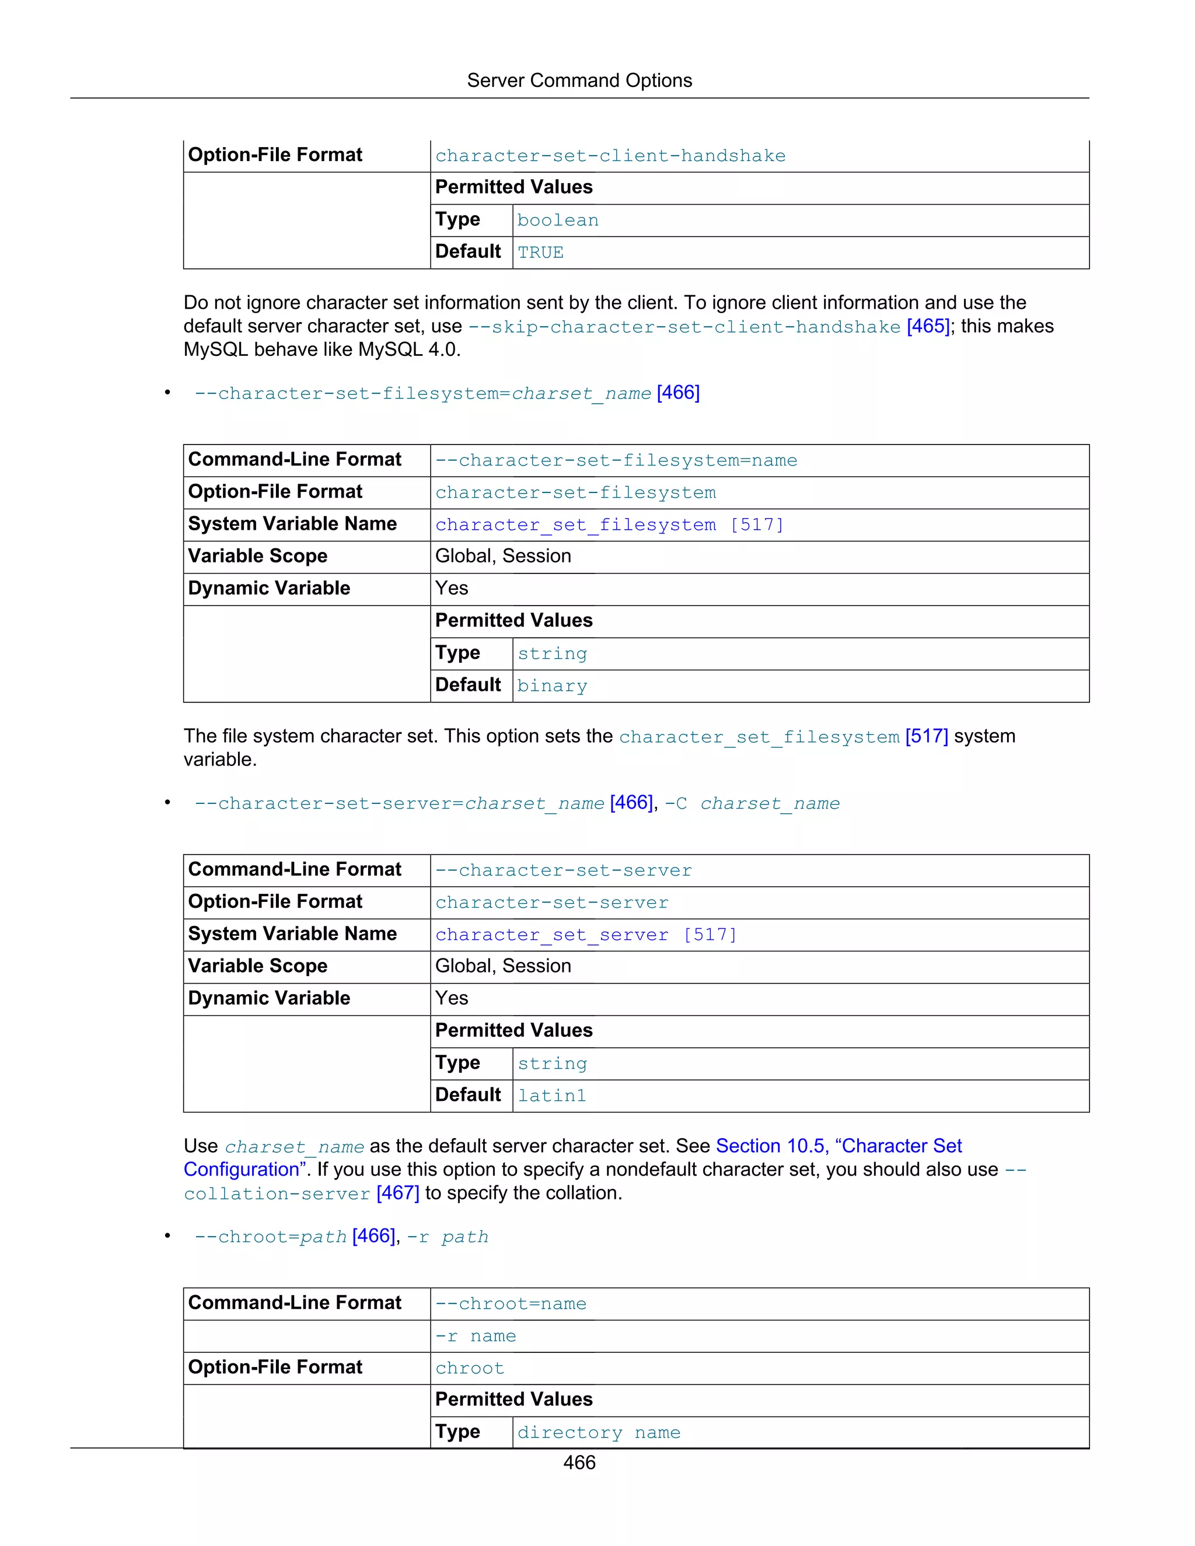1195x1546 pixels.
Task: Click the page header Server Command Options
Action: [x=579, y=81]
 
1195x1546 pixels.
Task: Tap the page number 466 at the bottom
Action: [x=579, y=1463]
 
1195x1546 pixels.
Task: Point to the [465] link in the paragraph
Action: [x=927, y=326]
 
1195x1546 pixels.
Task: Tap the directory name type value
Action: [x=599, y=1433]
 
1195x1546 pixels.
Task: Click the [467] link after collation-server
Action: [x=398, y=1194]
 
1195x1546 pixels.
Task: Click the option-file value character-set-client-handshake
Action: [x=610, y=156]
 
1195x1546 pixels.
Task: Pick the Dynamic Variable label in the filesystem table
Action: [x=269, y=588]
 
